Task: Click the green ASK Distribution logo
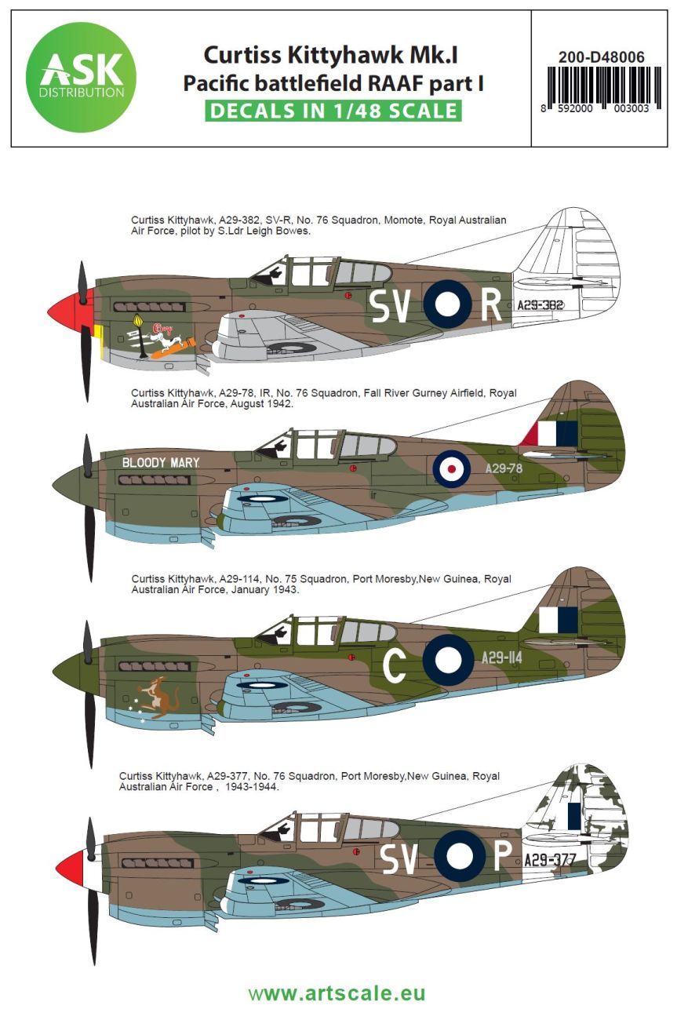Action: pyautogui.click(x=81, y=78)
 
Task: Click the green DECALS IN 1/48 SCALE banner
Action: pyautogui.click(x=333, y=111)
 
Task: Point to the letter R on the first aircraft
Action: pyautogui.click(x=491, y=307)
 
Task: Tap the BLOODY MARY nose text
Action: pyautogui.click(x=161, y=462)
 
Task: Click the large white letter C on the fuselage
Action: pyautogui.click(x=394, y=665)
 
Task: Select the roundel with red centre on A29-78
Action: pyautogui.click(x=452, y=469)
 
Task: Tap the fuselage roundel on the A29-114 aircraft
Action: pyautogui.click(x=448, y=660)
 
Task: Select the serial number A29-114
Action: pyautogui.click(x=503, y=658)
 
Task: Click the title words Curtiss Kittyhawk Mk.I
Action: pyautogui.click(x=332, y=55)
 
